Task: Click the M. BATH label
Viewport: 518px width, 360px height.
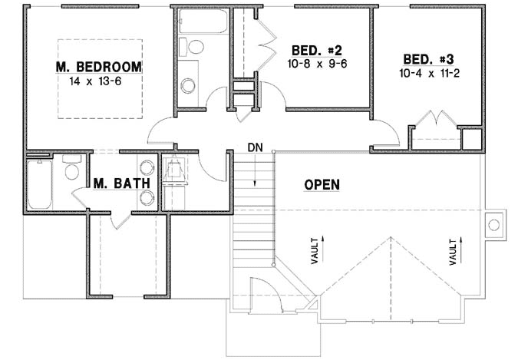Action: click(x=116, y=183)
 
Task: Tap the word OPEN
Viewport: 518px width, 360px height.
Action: click(x=322, y=184)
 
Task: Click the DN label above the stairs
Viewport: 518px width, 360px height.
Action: click(x=255, y=147)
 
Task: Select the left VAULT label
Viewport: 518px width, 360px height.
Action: click(x=314, y=252)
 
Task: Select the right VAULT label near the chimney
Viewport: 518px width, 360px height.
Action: click(x=452, y=250)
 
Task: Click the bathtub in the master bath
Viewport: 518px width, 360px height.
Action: click(x=39, y=184)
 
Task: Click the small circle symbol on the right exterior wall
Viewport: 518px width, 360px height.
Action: click(x=493, y=225)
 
